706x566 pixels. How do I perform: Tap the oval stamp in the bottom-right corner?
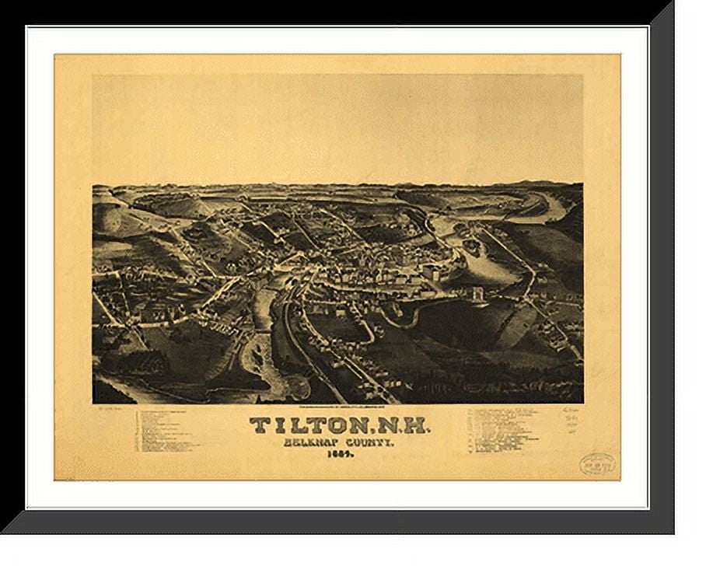[x=597, y=464]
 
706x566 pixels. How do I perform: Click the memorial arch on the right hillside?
[x=475, y=297]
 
